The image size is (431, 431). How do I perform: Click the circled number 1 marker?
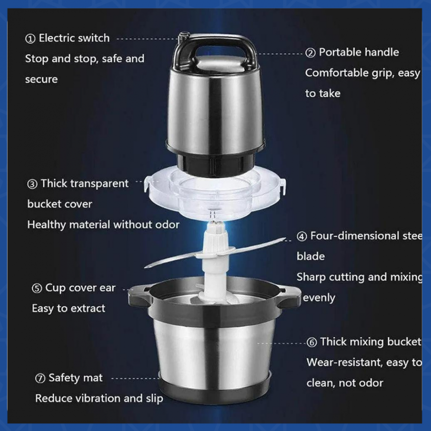[x=30, y=39]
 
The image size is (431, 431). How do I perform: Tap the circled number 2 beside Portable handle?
[x=310, y=53]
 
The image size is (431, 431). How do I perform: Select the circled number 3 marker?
[x=32, y=184]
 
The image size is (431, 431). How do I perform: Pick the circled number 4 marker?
[x=302, y=236]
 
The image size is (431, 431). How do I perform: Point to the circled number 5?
[x=37, y=288]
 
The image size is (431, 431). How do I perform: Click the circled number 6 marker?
[x=312, y=343]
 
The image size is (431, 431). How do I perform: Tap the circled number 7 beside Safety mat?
[x=40, y=378]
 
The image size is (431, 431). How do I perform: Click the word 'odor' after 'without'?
[x=167, y=225]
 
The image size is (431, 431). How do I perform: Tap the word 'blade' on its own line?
[x=311, y=256]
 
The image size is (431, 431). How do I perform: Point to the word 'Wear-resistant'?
[x=344, y=362]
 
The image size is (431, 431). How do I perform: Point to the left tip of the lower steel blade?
[x=145, y=267]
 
